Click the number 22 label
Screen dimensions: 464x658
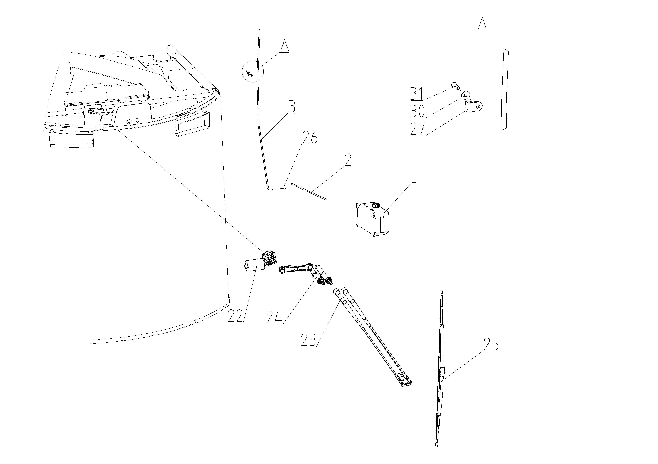click(236, 316)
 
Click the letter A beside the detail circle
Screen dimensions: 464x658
click(284, 46)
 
